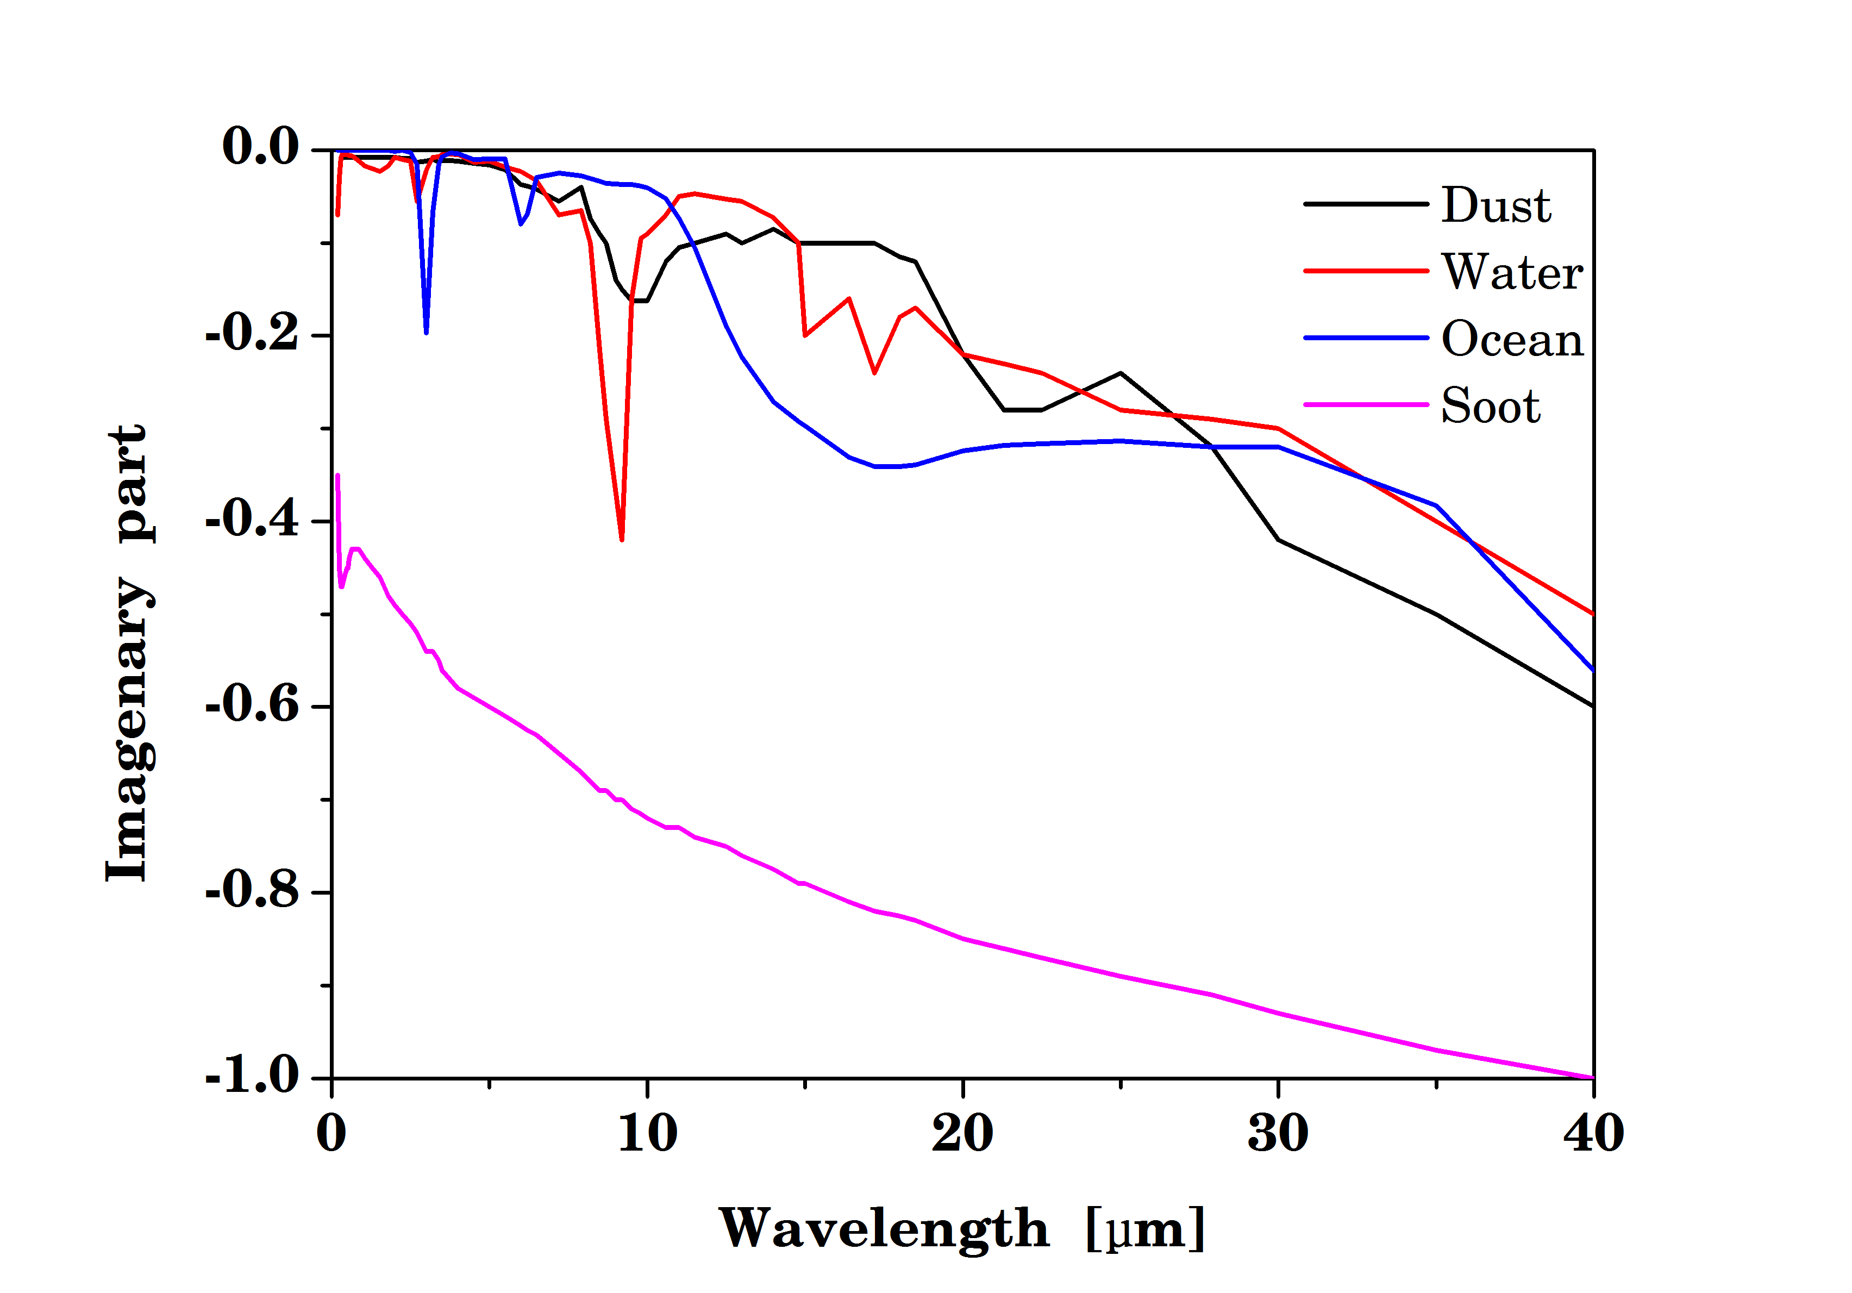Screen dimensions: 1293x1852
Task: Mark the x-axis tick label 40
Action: point(1593,1133)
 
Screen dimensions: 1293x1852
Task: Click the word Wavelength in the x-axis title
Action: point(883,1229)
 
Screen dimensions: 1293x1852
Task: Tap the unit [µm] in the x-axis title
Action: point(1146,1229)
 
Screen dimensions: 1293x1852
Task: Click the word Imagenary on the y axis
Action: point(129,730)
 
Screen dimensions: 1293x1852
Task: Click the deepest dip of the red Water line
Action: point(621,538)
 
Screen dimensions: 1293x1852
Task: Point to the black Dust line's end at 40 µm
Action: point(1592,706)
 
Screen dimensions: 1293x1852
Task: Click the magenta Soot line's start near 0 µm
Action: point(337,477)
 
